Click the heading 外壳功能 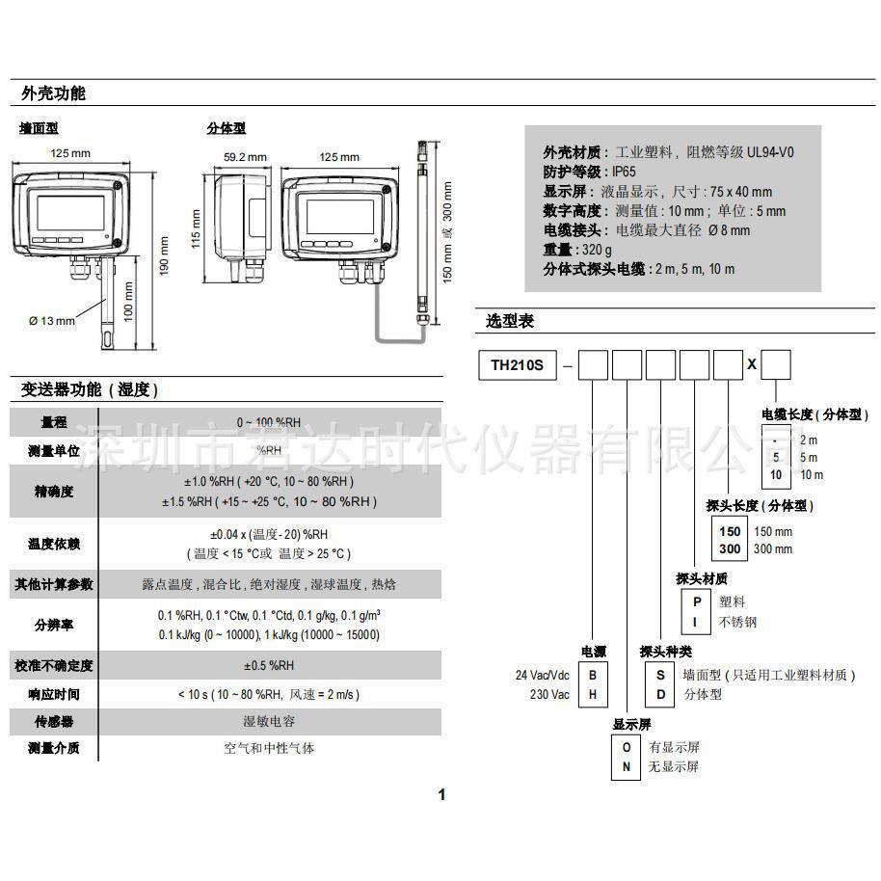pyautogui.click(x=54, y=93)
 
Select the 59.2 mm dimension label pyautogui.click(x=245, y=157)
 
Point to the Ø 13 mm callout pyautogui.click(x=51, y=321)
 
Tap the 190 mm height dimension pyautogui.click(x=164, y=253)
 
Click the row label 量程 pyautogui.click(x=53, y=422)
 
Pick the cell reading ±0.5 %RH pyautogui.click(x=268, y=665)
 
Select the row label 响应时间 pyautogui.click(x=53, y=694)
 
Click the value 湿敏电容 pyautogui.click(x=268, y=721)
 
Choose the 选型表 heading pyautogui.click(x=510, y=321)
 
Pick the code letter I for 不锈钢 pyautogui.click(x=696, y=622)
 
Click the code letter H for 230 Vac pyautogui.click(x=594, y=694)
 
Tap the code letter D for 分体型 pyautogui.click(x=660, y=694)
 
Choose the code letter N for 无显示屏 pyautogui.click(x=627, y=766)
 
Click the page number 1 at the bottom pyautogui.click(x=442, y=795)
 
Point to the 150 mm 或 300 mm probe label pyautogui.click(x=445, y=231)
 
